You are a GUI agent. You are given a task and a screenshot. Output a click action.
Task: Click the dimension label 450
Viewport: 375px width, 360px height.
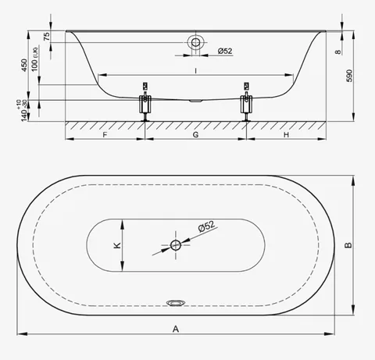tap(24, 66)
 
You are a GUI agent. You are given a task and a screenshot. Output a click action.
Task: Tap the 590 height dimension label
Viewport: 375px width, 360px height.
tap(349, 76)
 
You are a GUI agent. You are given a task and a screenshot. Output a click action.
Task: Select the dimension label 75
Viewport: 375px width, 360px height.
tap(47, 36)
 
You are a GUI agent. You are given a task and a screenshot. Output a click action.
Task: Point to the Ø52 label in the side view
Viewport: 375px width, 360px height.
tap(225, 51)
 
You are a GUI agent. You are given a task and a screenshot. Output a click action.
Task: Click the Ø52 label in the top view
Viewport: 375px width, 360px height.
tap(207, 226)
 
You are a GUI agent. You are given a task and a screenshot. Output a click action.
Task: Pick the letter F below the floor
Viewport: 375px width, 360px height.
tap(105, 134)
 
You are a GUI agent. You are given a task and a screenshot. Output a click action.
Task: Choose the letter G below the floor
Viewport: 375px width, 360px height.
tap(195, 134)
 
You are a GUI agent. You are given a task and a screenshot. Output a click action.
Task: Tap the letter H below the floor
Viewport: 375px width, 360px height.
tap(286, 134)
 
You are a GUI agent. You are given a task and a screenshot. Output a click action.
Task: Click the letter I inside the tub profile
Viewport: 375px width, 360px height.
tap(195, 70)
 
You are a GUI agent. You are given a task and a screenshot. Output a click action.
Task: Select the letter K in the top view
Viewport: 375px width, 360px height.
tap(117, 245)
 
